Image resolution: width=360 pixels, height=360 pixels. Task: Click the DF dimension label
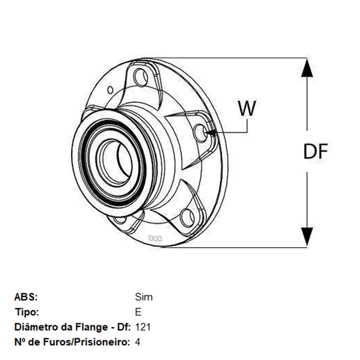(315, 151)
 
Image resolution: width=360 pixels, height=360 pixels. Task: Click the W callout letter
(247, 108)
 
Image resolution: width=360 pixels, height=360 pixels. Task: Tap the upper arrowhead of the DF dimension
(307, 68)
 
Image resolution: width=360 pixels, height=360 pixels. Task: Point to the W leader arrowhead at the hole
(211, 132)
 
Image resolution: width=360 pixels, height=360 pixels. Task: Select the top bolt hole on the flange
(141, 77)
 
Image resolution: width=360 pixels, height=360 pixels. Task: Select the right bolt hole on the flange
(200, 133)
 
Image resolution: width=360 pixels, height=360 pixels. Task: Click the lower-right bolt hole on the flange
(187, 218)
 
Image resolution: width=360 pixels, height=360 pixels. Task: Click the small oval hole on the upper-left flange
(110, 90)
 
